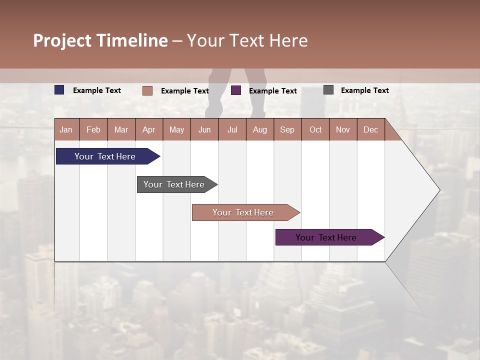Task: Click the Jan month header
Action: pyautogui.click(x=66, y=129)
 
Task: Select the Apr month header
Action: pyautogui.click(x=148, y=129)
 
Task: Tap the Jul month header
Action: pyautogui.click(x=232, y=129)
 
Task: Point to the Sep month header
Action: pyautogui.click(x=287, y=129)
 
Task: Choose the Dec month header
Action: pyautogui.click(x=370, y=129)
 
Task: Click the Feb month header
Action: pyautogui.click(x=93, y=129)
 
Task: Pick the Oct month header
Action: pyautogui.click(x=315, y=129)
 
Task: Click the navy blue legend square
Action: pyautogui.click(x=59, y=90)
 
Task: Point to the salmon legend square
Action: pyautogui.click(x=147, y=90)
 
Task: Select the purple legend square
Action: pyautogui.click(x=236, y=90)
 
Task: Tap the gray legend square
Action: pyautogui.click(x=328, y=90)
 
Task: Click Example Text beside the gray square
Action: pyautogui.click(x=364, y=90)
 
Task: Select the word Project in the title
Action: pyautogui.click(x=62, y=40)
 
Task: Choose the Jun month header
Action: pyautogui.click(x=204, y=129)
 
